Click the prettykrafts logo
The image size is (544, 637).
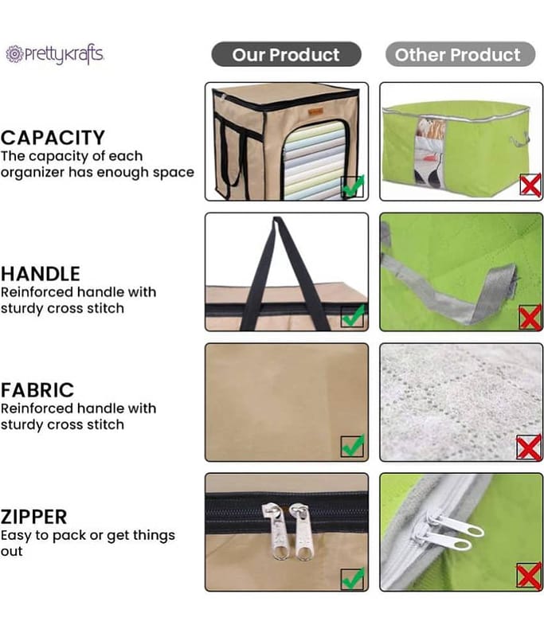[x=55, y=54]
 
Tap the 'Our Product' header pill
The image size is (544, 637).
[x=286, y=54]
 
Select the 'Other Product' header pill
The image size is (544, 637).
[x=460, y=54]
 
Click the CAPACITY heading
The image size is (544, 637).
[x=53, y=138]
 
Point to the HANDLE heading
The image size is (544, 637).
[x=41, y=274]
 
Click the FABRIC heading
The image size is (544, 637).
[x=37, y=390]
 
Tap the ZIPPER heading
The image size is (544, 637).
[x=33, y=517]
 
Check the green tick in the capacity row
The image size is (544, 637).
[x=353, y=186]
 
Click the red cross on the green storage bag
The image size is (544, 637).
[x=530, y=185]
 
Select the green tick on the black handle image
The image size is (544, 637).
[x=353, y=316]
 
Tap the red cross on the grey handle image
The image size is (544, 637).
[x=530, y=317]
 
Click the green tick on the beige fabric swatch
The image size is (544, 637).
[x=353, y=446]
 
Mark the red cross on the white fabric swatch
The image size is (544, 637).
[x=529, y=447]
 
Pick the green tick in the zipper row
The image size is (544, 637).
[x=353, y=579]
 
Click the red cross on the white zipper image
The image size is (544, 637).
[x=530, y=575]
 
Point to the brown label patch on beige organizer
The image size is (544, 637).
[x=315, y=111]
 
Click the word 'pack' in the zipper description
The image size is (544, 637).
[x=69, y=536]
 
